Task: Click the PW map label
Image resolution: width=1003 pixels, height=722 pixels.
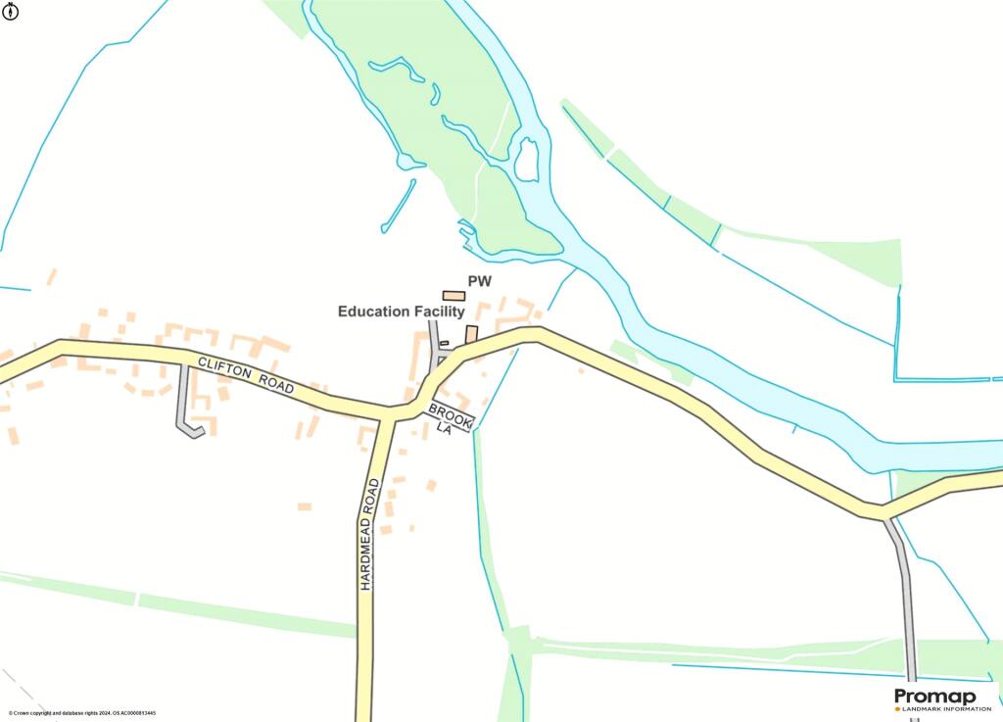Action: pyautogui.click(x=479, y=282)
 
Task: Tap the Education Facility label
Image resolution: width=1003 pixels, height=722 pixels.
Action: pyautogui.click(x=401, y=312)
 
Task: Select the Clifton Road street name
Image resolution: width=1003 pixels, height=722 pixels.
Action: pyautogui.click(x=246, y=374)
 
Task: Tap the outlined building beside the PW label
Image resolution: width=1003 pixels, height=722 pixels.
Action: pyautogui.click(x=454, y=295)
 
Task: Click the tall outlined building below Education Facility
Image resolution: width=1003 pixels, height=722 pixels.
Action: pyautogui.click(x=471, y=334)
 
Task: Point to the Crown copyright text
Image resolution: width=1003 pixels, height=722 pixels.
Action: pyautogui.click(x=82, y=713)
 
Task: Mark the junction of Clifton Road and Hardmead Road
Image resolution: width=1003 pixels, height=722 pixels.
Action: pyautogui.click(x=389, y=413)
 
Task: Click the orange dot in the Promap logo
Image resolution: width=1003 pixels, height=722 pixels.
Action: pyautogui.click(x=897, y=708)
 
